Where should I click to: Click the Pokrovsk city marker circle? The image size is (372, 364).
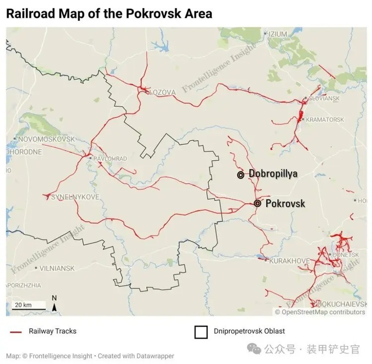click(x=257, y=203)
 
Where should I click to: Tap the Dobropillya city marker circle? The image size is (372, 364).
click(x=241, y=175)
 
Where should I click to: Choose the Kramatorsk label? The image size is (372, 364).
click(x=325, y=120)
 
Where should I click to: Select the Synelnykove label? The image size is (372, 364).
click(x=75, y=197)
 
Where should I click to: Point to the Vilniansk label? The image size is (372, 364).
click(x=57, y=268)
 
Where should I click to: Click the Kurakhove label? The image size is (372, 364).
click(x=289, y=261)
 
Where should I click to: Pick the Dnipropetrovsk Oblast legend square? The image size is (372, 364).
click(x=201, y=332)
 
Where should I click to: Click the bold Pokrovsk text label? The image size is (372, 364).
click(x=285, y=203)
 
